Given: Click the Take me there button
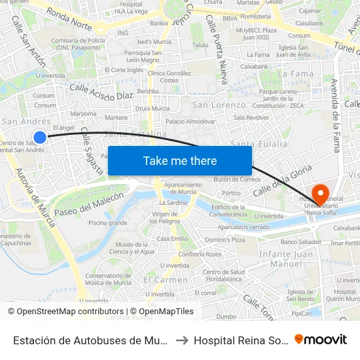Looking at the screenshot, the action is click(180, 160).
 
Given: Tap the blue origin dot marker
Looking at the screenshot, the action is click(40, 137).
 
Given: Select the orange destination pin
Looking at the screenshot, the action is click(320, 194).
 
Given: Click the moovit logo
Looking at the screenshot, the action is click(321, 340).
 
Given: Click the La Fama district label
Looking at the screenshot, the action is click(295, 74).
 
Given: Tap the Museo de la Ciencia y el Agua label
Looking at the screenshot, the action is click(135, 248).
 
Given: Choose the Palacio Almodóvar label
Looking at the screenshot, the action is click(190, 122).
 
